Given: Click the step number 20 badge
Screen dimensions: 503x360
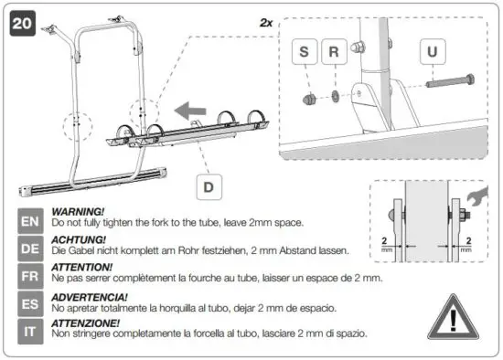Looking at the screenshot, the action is tap(22, 22).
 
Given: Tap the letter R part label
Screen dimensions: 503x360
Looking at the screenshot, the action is tap(334, 53).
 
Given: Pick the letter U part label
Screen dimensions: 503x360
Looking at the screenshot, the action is tap(432, 53).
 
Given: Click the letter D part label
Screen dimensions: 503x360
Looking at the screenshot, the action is tap(209, 187).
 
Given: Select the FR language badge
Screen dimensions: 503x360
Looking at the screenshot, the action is tap(30, 275).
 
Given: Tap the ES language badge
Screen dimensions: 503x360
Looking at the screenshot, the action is tap(30, 302).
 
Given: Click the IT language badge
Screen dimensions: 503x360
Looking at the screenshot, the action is tap(30, 329).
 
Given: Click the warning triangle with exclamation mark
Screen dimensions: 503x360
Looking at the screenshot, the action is tap(455, 316).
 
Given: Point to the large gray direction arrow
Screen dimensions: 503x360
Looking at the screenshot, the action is tap(191, 112).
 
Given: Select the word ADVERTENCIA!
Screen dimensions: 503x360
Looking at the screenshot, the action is tap(89, 297).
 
